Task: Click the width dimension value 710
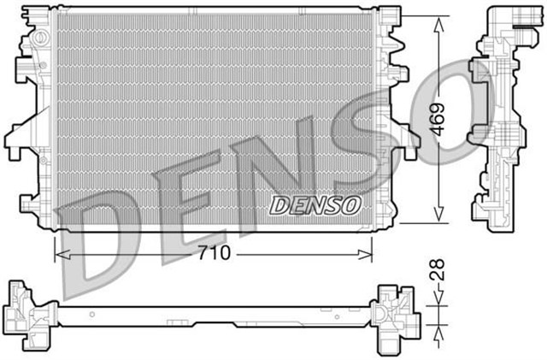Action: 214,254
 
